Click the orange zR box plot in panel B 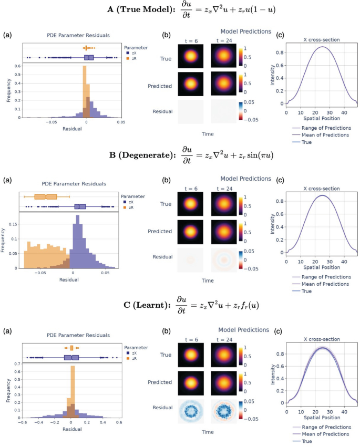46,196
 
